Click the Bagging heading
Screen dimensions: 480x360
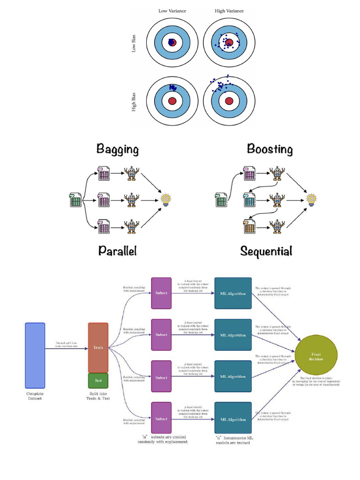(x=117, y=150)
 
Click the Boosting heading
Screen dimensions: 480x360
(x=270, y=150)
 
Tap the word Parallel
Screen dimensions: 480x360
(x=117, y=251)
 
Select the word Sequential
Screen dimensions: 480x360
(x=266, y=251)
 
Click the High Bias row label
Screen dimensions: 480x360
(x=135, y=101)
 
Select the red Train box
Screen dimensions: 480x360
(x=98, y=347)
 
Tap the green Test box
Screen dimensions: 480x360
(x=98, y=381)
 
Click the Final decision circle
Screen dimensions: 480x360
(x=315, y=355)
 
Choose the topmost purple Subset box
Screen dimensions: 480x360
(x=161, y=293)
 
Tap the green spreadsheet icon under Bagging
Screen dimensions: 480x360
(x=75, y=201)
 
